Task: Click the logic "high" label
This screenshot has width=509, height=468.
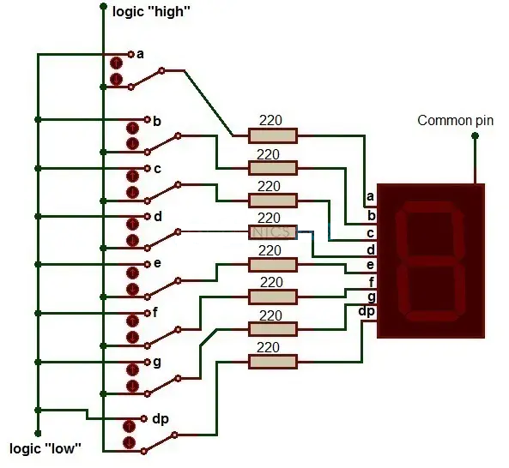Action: click(x=151, y=11)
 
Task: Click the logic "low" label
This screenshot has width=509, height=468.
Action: click(x=45, y=448)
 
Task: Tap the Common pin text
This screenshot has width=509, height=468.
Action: click(x=455, y=120)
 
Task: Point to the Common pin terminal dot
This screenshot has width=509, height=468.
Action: click(x=474, y=135)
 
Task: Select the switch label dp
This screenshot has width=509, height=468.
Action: click(x=160, y=419)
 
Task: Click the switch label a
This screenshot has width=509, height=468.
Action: click(x=140, y=54)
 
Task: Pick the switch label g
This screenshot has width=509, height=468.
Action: click(x=157, y=363)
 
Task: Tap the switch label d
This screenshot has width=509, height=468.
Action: click(x=157, y=216)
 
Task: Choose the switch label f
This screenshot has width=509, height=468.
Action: click(x=155, y=313)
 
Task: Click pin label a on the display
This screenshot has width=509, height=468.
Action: click(x=371, y=196)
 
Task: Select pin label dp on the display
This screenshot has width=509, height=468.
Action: click(x=367, y=310)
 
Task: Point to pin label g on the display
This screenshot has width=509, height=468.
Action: click(x=371, y=296)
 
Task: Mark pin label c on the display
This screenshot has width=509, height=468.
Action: click(x=371, y=233)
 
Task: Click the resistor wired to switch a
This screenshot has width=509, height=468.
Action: click(x=272, y=135)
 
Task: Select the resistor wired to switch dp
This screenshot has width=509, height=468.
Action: click(x=272, y=362)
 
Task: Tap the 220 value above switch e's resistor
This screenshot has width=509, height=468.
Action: click(x=270, y=250)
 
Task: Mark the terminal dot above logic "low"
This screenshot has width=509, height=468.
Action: click(x=37, y=434)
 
